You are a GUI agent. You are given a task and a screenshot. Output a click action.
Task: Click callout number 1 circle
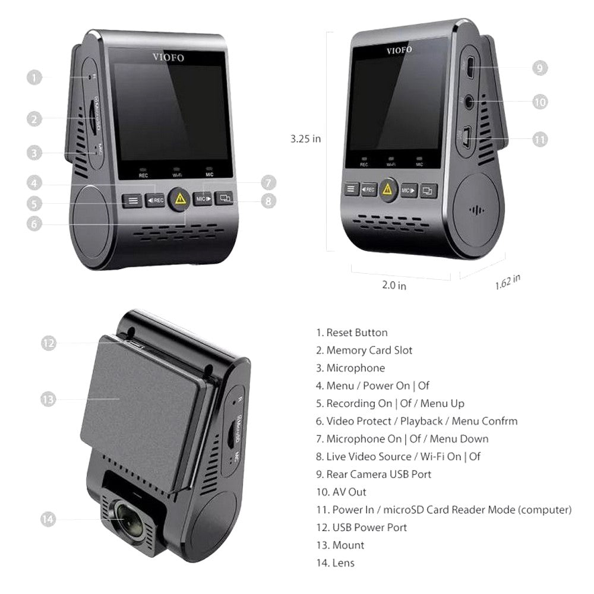click(x=34, y=77)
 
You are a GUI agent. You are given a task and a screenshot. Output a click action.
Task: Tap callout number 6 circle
click(x=34, y=224)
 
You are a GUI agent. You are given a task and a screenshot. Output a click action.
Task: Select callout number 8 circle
click(x=268, y=201)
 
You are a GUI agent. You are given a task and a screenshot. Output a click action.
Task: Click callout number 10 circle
click(x=539, y=102)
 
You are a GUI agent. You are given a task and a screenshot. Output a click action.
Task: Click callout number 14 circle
click(x=49, y=519)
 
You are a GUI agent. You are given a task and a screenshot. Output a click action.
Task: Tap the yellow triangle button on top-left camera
click(x=178, y=200)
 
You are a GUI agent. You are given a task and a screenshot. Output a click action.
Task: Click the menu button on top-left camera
click(x=132, y=201)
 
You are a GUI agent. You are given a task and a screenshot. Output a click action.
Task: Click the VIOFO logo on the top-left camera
click(x=168, y=58)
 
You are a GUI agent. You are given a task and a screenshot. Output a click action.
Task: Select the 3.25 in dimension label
click(x=305, y=139)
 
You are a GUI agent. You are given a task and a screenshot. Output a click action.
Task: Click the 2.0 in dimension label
click(x=394, y=285)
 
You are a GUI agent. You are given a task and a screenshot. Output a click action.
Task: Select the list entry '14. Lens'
click(x=335, y=563)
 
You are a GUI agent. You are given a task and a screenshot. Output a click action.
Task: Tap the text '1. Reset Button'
click(x=352, y=333)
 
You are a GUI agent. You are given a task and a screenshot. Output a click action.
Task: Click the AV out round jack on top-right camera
click(x=470, y=102)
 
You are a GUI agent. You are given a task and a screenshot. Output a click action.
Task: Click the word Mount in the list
click(x=349, y=545)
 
